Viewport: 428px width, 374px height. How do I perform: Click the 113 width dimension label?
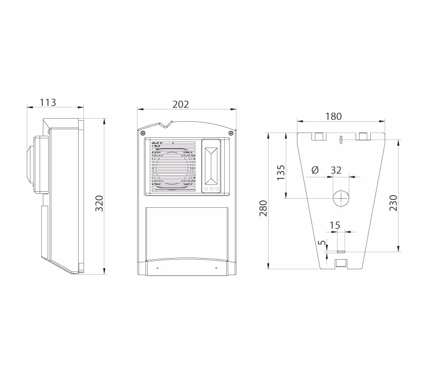tap(48, 103)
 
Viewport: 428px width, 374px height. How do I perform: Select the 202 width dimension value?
tap(180, 104)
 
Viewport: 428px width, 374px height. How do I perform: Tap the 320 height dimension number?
tap(99, 204)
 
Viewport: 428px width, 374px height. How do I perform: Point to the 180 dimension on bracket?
tap(333, 116)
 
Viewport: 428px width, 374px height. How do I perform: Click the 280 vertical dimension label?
tap(263, 208)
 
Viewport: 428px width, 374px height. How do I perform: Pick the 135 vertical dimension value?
tap(280, 172)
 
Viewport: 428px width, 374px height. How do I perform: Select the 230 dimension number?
tap(393, 203)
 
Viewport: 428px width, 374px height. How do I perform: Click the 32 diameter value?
tap(336, 170)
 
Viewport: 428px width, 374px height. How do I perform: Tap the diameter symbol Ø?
tap(315, 170)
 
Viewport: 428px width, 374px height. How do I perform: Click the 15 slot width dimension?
tap(335, 225)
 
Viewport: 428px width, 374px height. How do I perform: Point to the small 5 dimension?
tap(323, 243)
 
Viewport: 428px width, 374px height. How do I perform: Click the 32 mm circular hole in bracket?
tap(341, 198)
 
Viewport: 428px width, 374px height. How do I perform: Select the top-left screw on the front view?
tap(142, 133)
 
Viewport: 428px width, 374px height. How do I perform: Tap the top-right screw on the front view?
tap(231, 133)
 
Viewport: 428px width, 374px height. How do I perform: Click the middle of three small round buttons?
tap(211, 189)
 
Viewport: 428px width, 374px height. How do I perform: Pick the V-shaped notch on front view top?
tap(166, 124)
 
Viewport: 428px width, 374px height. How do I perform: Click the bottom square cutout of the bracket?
tap(341, 263)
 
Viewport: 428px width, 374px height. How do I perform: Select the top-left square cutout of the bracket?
tap(319, 136)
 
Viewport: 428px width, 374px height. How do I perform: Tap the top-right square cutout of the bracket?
tap(363, 136)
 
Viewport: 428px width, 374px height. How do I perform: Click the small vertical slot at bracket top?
tap(341, 139)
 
